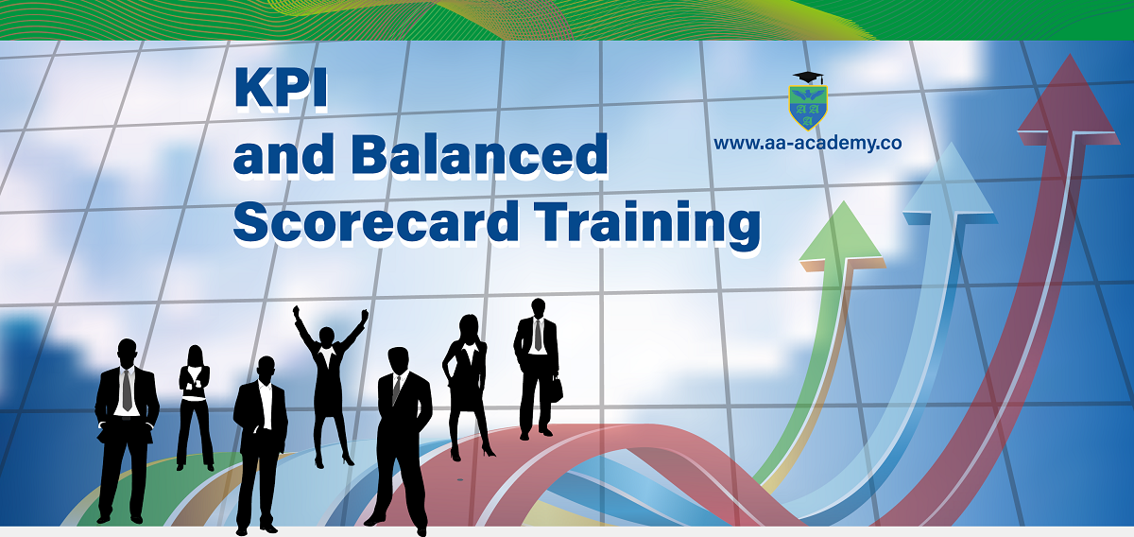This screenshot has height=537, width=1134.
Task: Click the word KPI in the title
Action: pyautogui.click(x=281, y=89)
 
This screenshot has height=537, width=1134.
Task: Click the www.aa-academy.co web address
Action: pyautogui.click(x=807, y=144)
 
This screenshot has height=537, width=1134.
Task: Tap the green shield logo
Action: pyautogui.click(x=808, y=108)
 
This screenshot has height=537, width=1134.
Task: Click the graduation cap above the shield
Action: pyautogui.click(x=809, y=78)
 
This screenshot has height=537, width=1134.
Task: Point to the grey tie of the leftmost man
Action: pyautogui.click(x=127, y=390)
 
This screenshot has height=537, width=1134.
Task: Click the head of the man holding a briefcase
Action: pyautogui.click(x=538, y=308)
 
